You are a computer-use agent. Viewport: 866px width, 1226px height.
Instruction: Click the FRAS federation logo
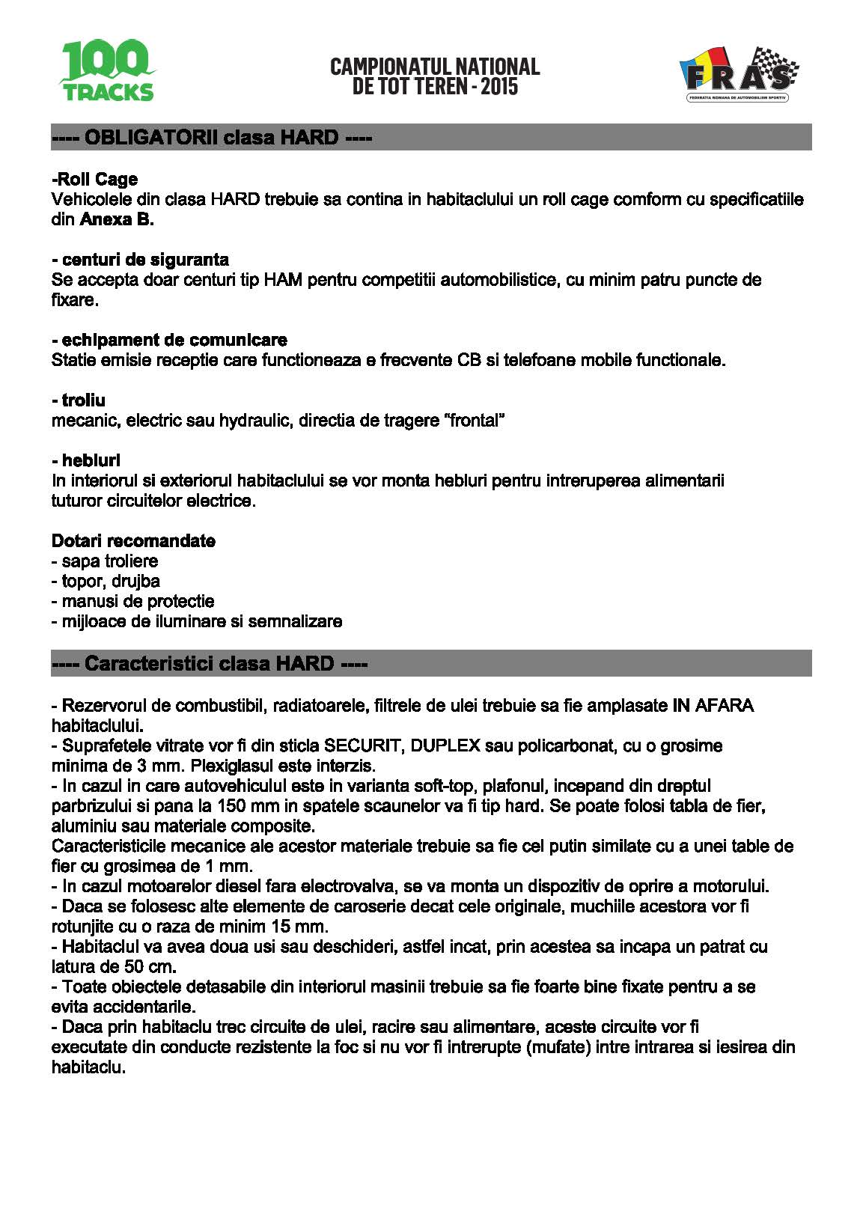[x=738, y=75]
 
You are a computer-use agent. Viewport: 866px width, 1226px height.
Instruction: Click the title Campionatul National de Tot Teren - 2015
[x=435, y=76]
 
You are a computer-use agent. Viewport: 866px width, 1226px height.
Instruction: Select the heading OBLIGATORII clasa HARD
[x=212, y=138]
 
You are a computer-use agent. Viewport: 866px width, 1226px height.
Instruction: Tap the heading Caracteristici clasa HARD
[x=210, y=664]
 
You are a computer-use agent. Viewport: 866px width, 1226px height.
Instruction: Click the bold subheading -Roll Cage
[x=95, y=179]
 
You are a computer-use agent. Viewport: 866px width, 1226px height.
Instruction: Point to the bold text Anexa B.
[x=117, y=220]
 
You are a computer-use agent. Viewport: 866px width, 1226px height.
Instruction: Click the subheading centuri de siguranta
[x=141, y=260]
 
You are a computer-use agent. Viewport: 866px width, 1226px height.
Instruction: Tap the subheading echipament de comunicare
[x=170, y=340]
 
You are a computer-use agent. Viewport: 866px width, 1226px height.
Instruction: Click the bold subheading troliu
[x=79, y=400]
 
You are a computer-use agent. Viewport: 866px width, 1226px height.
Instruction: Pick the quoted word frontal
[x=475, y=421]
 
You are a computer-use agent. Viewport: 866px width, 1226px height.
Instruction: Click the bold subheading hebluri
[x=86, y=460]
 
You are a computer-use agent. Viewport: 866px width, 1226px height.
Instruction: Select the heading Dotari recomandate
[x=133, y=541]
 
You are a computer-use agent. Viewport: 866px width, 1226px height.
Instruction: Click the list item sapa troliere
[x=105, y=561]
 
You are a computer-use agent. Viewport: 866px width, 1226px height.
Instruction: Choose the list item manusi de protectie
[x=132, y=602]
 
